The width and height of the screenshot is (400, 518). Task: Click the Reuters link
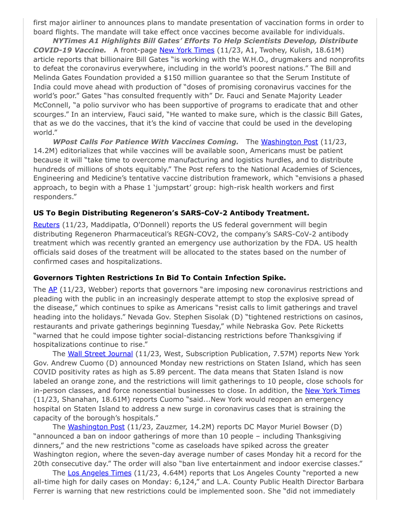[47, 225]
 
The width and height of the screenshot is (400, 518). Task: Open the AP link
[52, 289]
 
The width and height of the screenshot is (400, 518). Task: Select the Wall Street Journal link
[100, 354]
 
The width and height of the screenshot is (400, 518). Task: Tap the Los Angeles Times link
[100, 473]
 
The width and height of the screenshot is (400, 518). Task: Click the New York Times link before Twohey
[187, 50]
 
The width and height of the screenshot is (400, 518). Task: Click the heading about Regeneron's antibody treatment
[171, 213]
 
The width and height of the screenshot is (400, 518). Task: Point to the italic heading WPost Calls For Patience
[146, 142]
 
